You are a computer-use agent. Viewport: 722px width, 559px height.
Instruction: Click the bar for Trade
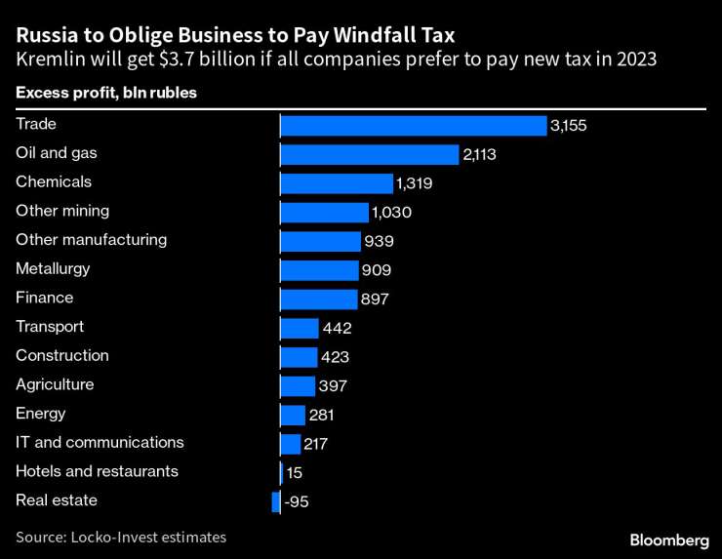(x=413, y=125)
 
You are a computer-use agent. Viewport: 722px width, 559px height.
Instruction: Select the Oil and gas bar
(x=369, y=154)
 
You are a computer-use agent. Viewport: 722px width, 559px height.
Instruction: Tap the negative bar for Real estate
(x=276, y=501)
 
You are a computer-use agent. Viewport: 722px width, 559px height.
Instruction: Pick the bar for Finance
(x=319, y=299)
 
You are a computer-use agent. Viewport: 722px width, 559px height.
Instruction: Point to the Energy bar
(x=293, y=415)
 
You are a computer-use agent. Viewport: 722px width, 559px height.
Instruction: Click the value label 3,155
(x=568, y=126)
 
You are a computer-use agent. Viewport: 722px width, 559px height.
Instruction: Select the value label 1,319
(x=414, y=183)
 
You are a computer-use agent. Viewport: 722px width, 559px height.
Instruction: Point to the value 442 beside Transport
(x=337, y=329)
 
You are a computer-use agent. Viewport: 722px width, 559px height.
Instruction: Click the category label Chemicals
(x=54, y=181)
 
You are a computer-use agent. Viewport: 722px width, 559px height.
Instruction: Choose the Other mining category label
(x=62, y=211)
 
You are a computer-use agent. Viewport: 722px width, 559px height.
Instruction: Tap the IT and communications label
(x=100, y=443)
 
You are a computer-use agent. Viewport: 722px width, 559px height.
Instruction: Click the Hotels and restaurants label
(x=97, y=471)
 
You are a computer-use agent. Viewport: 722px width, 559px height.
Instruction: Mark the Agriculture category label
(x=55, y=384)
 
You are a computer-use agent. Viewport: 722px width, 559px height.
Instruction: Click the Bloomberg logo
(x=669, y=539)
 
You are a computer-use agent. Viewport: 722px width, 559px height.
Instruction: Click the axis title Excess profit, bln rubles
(x=106, y=93)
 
